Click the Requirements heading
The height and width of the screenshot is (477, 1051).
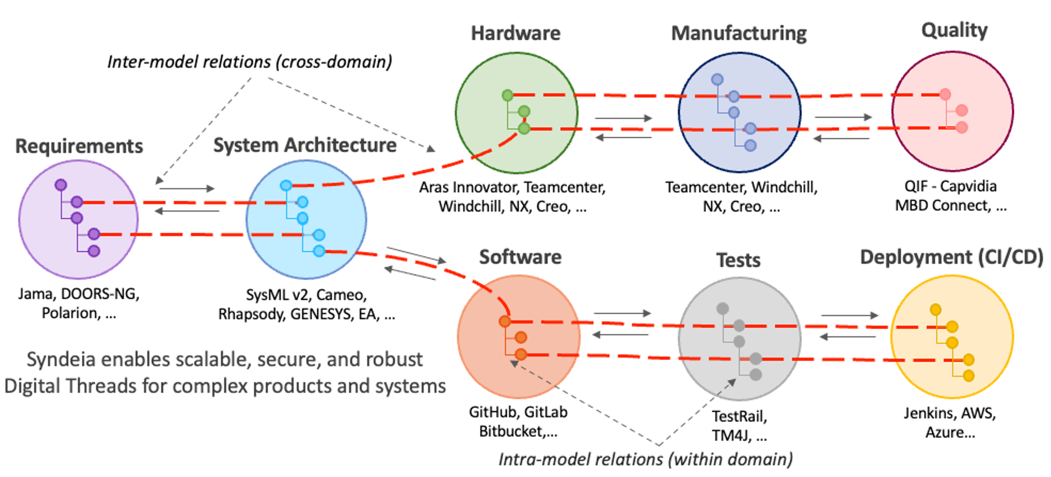79,146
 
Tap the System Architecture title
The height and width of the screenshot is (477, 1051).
304,145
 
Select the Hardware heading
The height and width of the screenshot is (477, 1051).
515,33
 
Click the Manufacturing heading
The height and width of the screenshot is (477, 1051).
739,33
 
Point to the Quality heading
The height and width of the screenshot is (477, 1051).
954,30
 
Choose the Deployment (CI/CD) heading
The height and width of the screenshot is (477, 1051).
951,257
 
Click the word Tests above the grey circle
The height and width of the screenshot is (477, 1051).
738,260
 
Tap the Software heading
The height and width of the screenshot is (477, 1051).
520,257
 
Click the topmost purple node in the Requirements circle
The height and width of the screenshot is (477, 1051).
61,184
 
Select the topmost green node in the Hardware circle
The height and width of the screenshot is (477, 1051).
507,95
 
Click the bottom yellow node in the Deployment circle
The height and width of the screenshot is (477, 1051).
968,376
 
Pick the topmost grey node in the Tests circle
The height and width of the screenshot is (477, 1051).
722,308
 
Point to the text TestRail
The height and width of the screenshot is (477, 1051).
739,416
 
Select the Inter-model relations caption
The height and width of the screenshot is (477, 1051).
249,62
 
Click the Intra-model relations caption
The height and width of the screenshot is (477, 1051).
645,460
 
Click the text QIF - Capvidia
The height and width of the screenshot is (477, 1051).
950,186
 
